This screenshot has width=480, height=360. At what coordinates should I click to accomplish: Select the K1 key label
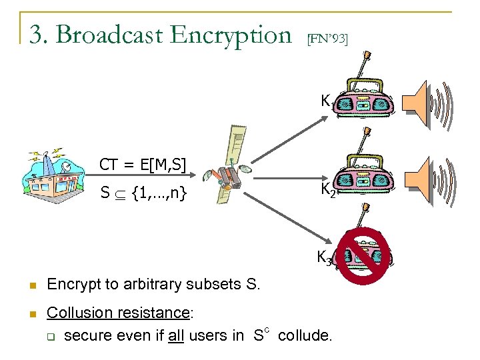326,102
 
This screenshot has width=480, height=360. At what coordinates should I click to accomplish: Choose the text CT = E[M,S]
143,164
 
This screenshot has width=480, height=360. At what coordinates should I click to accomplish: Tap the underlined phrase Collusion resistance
118,313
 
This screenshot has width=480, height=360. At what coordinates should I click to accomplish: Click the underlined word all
175,335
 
